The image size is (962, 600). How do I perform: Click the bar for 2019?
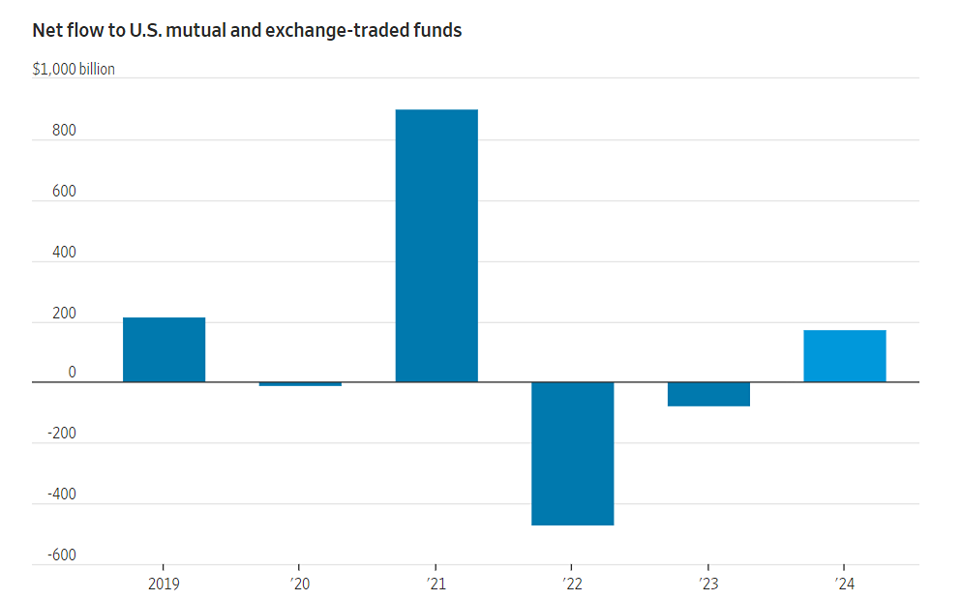click(x=164, y=349)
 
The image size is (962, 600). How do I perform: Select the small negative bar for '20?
click(x=300, y=384)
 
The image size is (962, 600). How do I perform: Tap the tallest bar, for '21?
click(x=436, y=246)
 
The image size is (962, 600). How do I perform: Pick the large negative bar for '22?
click(x=572, y=454)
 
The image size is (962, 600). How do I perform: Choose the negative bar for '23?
click(x=708, y=394)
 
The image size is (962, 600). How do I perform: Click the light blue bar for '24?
click(x=844, y=356)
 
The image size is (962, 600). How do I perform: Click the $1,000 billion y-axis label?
click(x=74, y=70)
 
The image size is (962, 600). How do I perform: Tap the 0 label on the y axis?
click(x=45, y=373)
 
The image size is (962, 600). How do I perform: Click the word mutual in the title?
click(x=189, y=30)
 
